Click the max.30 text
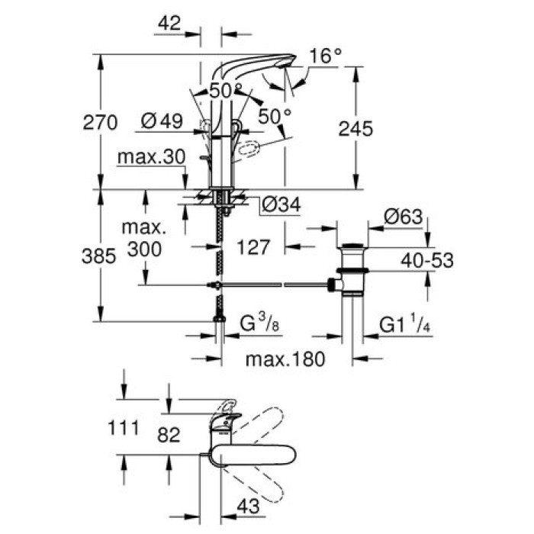click(151, 157)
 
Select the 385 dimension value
click(98, 256)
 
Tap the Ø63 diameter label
click(403, 217)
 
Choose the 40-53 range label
click(428, 261)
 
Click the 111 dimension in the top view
click(123, 427)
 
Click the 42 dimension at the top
click(169, 24)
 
